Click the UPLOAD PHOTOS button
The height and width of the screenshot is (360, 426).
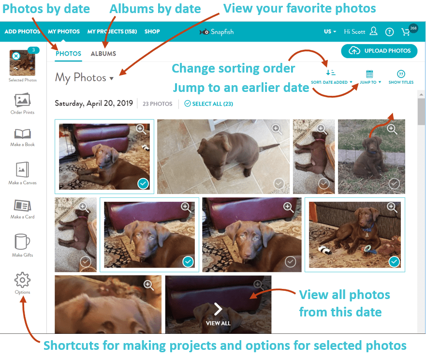(379, 51)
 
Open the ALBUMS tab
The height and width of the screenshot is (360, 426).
(103, 54)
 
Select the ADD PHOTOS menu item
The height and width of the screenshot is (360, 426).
(22, 31)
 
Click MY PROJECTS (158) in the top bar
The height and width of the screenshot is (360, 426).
(112, 31)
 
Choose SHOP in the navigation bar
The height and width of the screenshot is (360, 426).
(152, 31)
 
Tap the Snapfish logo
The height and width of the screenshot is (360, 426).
(217, 31)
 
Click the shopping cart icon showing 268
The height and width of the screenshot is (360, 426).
(406, 32)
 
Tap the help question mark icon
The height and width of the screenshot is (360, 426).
(389, 32)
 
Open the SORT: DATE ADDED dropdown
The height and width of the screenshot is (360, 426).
(331, 82)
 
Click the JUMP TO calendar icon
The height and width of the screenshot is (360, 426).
(370, 74)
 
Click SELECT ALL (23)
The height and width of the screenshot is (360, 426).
(209, 104)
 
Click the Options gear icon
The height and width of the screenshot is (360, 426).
(22, 280)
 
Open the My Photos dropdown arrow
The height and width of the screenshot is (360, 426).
(112, 78)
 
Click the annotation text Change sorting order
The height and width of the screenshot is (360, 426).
(233, 68)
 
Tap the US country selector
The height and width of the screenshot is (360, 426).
(330, 31)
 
